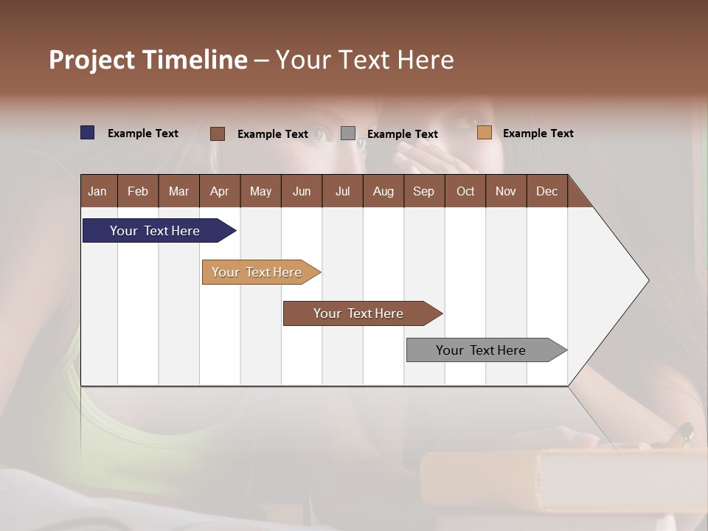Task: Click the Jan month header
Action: (98, 191)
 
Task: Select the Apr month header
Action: (220, 191)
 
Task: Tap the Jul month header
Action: (342, 191)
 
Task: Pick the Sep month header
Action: (424, 191)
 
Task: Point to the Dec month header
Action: (546, 191)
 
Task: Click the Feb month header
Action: (138, 191)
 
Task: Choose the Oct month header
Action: (465, 191)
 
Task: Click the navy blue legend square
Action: (88, 133)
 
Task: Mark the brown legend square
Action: (218, 133)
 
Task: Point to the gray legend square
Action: (348, 133)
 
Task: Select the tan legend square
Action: (485, 133)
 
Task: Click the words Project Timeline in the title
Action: (147, 60)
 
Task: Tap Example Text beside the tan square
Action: (538, 133)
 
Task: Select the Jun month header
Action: (302, 191)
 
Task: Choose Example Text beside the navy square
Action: (143, 133)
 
